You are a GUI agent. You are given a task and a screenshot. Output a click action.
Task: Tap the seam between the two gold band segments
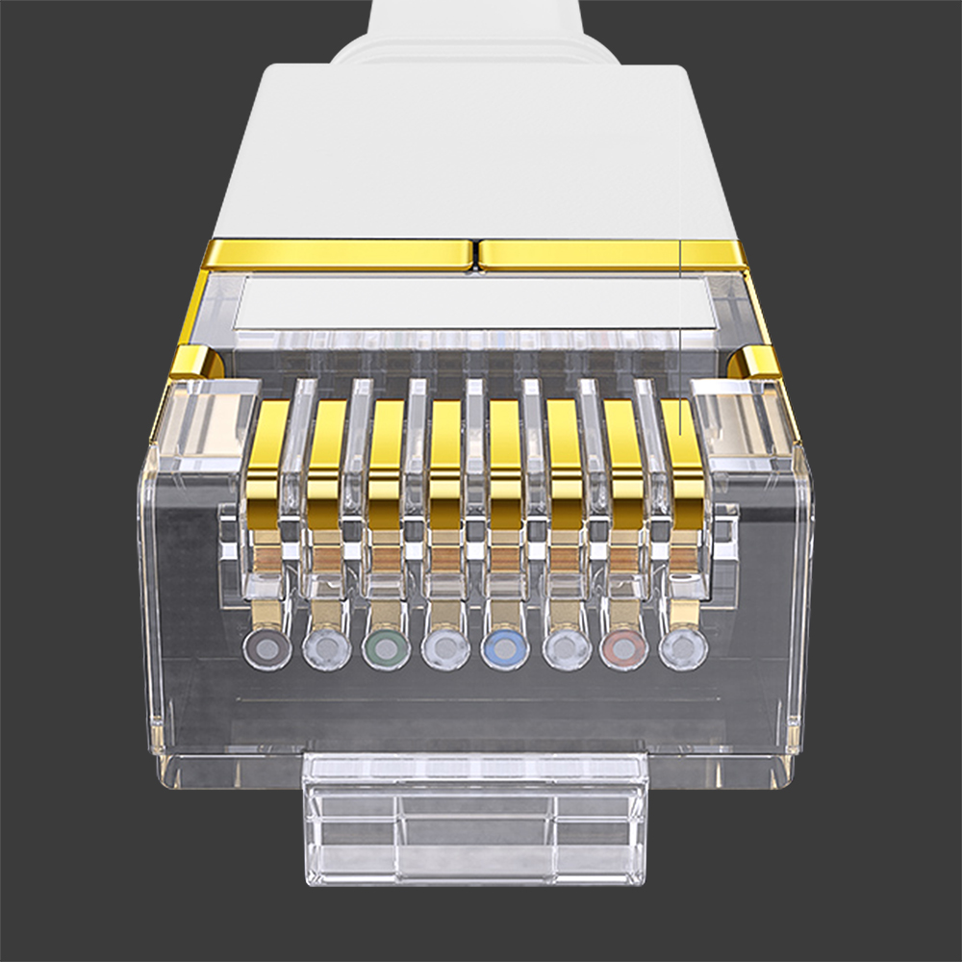(x=476, y=255)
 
